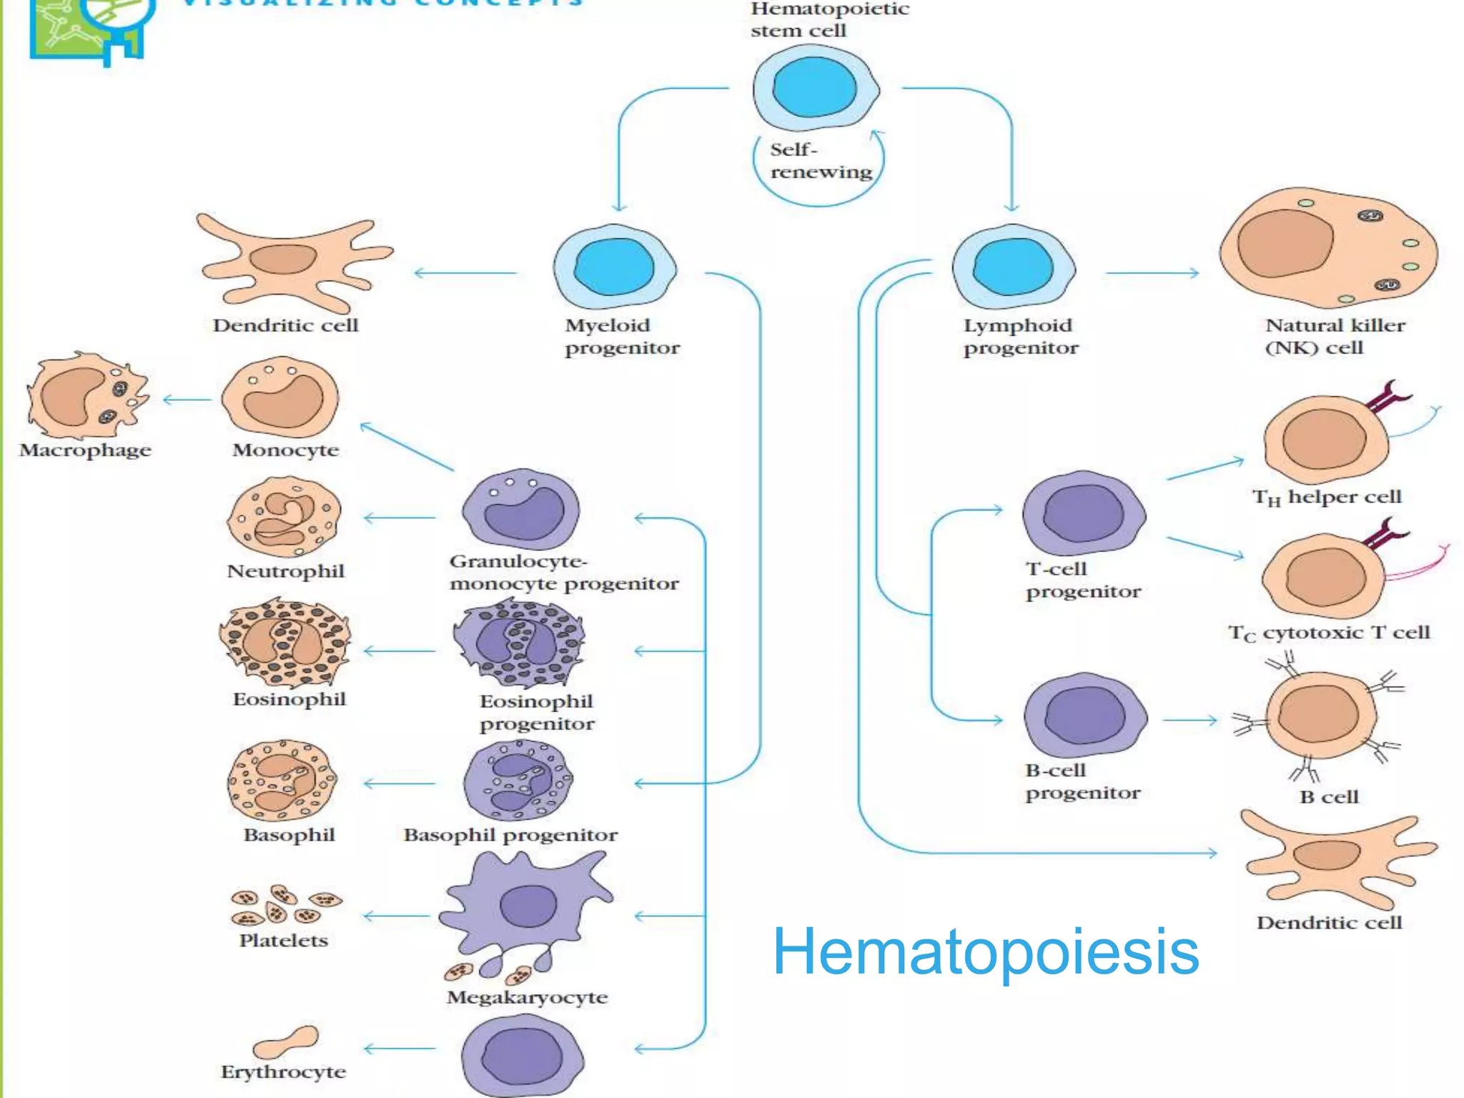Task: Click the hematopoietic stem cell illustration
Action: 815,87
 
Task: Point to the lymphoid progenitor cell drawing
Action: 1014,267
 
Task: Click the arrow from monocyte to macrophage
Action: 187,400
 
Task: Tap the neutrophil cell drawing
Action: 285,517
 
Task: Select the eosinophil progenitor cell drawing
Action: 519,642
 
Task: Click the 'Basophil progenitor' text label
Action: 510,835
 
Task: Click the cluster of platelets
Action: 285,905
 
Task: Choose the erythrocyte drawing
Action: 286,1042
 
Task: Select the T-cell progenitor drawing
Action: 1084,513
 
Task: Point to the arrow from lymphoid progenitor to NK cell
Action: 1151,273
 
